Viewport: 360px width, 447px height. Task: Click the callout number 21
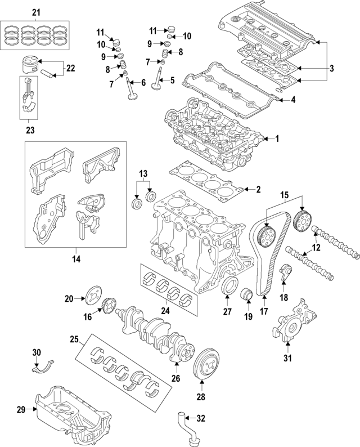point(36,12)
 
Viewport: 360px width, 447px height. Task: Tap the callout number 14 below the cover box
point(76,259)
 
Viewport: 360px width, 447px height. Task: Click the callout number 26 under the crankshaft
point(175,379)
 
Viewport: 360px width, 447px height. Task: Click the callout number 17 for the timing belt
point(263,311)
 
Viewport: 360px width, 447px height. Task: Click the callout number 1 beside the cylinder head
point(276,138)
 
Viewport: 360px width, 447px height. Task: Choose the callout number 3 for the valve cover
point(332,69)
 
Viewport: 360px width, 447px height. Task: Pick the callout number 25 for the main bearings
point(74,339)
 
